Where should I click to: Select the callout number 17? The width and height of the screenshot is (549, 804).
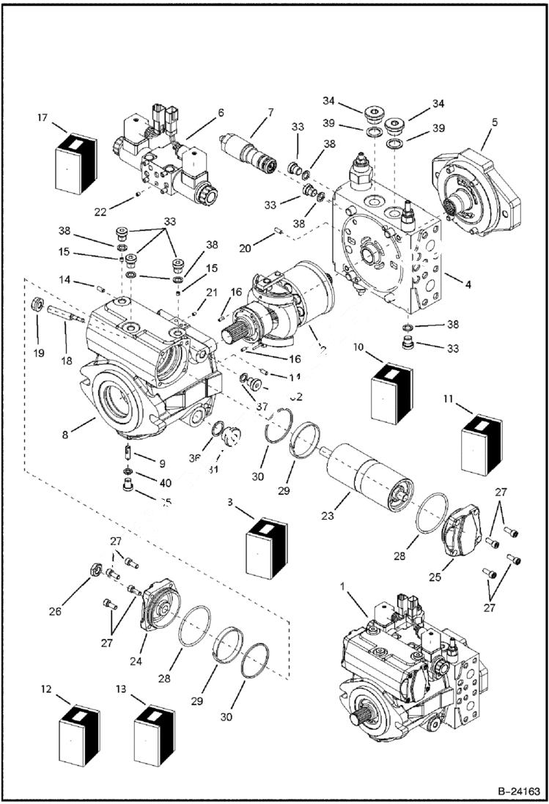click(43, 117)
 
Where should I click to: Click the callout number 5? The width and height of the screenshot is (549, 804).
click(494, 122)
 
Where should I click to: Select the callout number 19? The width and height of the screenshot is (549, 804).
click(38, 353)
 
